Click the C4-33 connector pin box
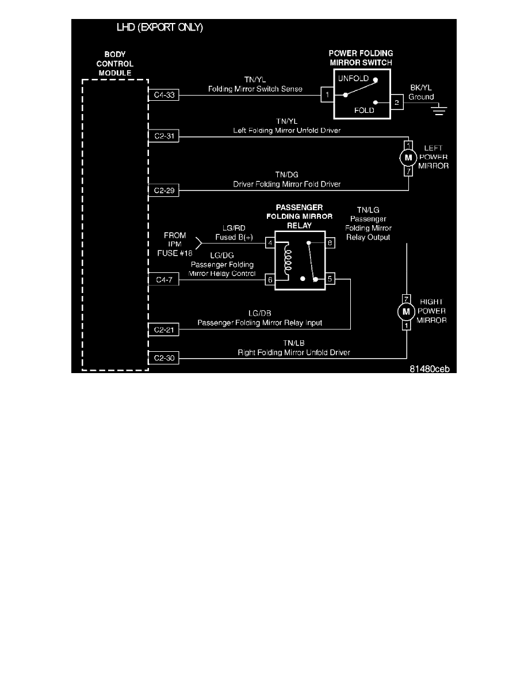click(x=164, y=95)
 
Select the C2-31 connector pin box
click(x=164, y=136)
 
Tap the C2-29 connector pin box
click(x=164, y=189)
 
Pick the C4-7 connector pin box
click(x=164, y=280)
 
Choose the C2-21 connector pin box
click(x=164, y=329)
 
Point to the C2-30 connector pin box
click(x=164, y=358)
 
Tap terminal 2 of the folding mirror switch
click(x=397, y=103)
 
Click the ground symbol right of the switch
click(x=441, y=109)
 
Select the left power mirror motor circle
click(x=408, y=158)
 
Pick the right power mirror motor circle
click(x=407, y=311)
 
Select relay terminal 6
click(x=270, y=280)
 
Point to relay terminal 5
click(x=330, y=280)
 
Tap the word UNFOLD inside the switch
click(x=355, y=78)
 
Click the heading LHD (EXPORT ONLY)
click(x=159, y=28)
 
